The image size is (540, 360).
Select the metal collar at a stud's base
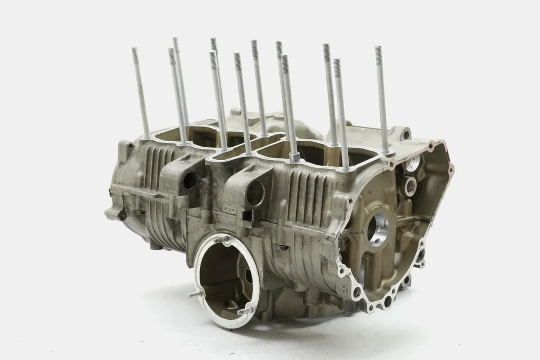(294, 157)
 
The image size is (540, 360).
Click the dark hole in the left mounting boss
(189, 180)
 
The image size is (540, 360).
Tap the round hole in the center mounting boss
(255, 193)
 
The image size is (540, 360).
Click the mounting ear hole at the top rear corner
(406, 134)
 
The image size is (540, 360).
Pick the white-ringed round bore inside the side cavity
(410, 185)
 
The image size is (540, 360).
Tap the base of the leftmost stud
(147, 135)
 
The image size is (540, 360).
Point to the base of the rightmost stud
(386, 151)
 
